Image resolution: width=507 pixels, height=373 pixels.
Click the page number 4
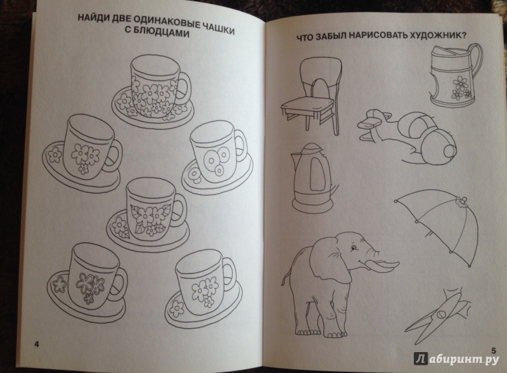(36, 344)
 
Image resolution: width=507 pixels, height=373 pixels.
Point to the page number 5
(493, 351)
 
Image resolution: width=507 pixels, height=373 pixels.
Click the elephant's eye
(355, 248)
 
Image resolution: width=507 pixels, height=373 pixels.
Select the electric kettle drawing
(313, 177)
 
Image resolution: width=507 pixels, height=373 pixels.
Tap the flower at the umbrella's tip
(461, 202)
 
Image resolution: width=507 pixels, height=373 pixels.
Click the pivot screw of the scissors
(440, 314)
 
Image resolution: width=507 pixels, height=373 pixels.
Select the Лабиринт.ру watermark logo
(456, 359)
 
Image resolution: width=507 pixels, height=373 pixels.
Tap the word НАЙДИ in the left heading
(91, 19)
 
